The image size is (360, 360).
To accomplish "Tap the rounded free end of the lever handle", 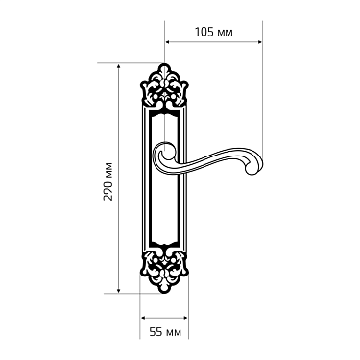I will click(x=252, y=167).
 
